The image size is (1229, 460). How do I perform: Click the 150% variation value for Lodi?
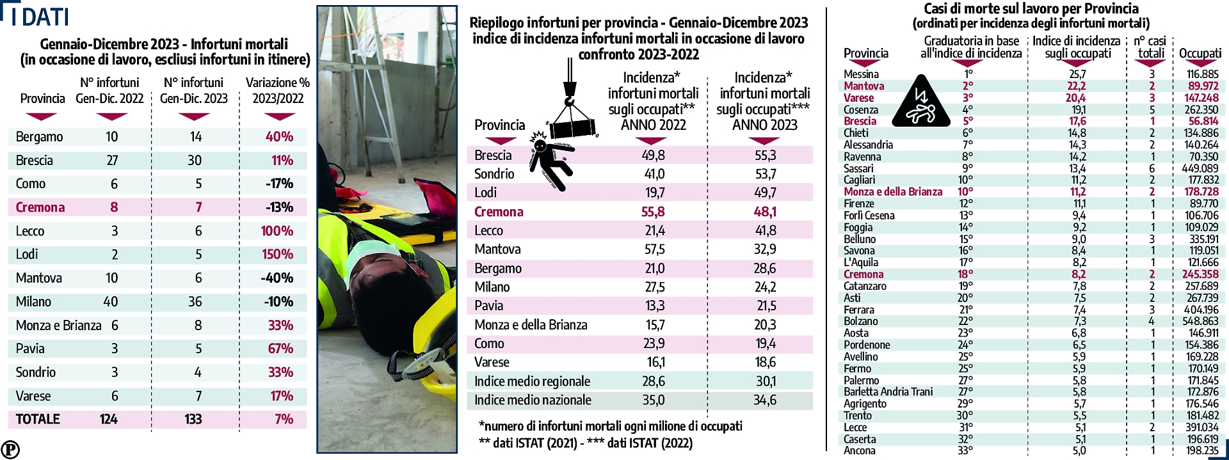(x=277, y=255)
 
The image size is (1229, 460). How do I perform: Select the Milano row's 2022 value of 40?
(x=111, y=301)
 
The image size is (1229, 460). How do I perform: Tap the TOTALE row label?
(x=38, y=419)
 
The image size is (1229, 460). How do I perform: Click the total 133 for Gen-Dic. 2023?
(x=193, y=419)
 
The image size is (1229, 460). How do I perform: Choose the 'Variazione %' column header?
(x=278, y=90)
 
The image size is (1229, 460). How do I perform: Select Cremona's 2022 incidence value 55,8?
(x=653, y=212)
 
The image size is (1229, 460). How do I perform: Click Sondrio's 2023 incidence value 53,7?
(x=765, y=174)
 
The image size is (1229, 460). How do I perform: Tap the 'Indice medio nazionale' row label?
(x=533, y=401)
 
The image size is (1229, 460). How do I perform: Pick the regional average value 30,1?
(x=765, y=381)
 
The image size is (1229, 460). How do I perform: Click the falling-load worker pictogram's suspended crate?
(x=574, y=128)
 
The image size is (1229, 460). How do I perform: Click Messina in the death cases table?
(x=861, y=74)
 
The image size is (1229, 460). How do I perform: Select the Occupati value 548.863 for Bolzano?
(x=1200, y=321)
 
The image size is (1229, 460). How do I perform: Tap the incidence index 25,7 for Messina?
(x=1077, y=74)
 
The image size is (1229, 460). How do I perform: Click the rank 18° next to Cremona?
(x=965, y=274)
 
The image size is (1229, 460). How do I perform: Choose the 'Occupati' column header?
(x=1200, y=53)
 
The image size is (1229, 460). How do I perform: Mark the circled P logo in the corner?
(x=10, y=449)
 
